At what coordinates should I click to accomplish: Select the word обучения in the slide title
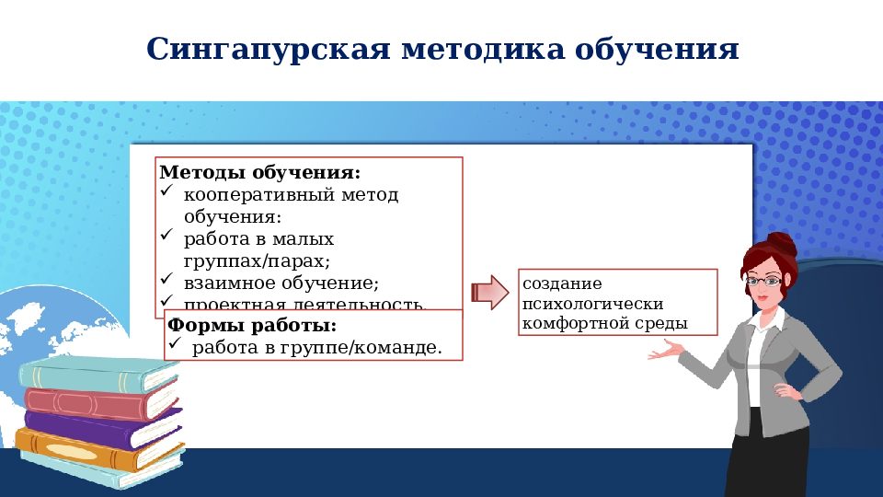click(x=657, y=48)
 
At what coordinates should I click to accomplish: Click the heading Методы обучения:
click(x=260, y=172)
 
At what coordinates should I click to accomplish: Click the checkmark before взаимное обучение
click(x=166, y=279)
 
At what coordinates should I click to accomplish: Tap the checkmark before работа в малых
click(x=166, y=237)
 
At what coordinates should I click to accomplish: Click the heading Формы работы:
click(x=252, y=326)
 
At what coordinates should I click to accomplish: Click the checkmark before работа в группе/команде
click(x=174, y=345)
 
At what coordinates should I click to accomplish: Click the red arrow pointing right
click(x=490, y=293)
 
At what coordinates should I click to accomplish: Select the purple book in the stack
click(x=101, y=430)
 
